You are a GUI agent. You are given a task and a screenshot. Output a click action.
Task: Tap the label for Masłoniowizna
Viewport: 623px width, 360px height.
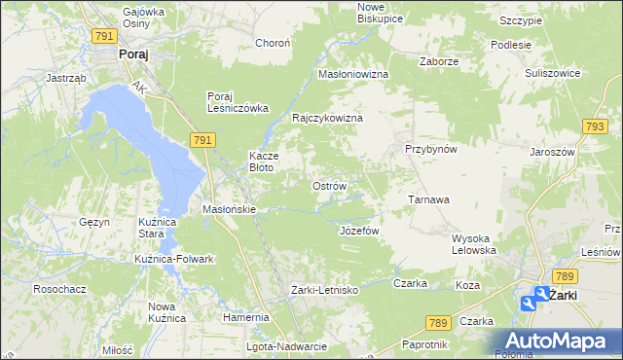353,74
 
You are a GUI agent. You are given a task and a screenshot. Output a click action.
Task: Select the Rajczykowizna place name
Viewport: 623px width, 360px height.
327,118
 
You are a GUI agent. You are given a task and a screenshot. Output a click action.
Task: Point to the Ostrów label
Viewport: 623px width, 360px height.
328,186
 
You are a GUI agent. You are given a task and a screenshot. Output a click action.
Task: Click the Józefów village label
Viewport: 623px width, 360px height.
358,231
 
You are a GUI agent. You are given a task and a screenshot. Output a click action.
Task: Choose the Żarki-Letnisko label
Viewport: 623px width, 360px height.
325,290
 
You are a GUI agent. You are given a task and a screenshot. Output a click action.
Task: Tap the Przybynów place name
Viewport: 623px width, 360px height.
430,150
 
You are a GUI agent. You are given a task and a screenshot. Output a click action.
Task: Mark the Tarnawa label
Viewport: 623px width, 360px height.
427,199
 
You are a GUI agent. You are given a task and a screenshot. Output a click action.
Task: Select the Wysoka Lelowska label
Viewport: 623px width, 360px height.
475,243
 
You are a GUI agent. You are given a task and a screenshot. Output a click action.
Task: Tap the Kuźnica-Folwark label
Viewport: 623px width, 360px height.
174,259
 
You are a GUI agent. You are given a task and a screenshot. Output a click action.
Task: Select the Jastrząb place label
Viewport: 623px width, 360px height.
66,77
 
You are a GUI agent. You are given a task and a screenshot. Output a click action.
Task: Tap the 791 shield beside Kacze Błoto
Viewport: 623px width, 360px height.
202,141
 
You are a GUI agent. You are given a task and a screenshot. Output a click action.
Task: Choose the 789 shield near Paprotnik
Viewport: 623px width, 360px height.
437,321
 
